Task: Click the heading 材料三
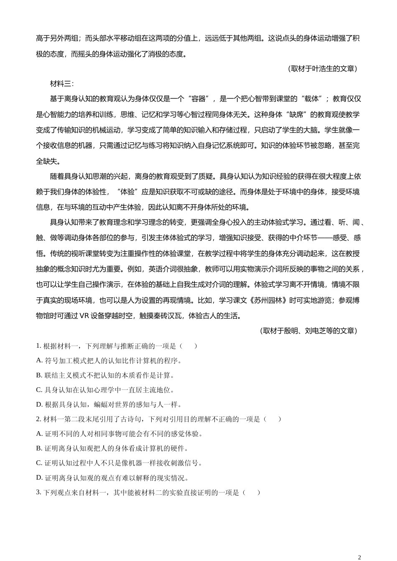(x=61, y=83)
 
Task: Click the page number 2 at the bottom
(x=359, y=557)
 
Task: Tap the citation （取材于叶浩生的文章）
(x=322, y=68)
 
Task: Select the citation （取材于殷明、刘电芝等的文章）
(x=308, y=331)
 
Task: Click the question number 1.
(x=38, y=346)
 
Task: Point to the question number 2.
(x=38, y=419)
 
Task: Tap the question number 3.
(x=38, y=492)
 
